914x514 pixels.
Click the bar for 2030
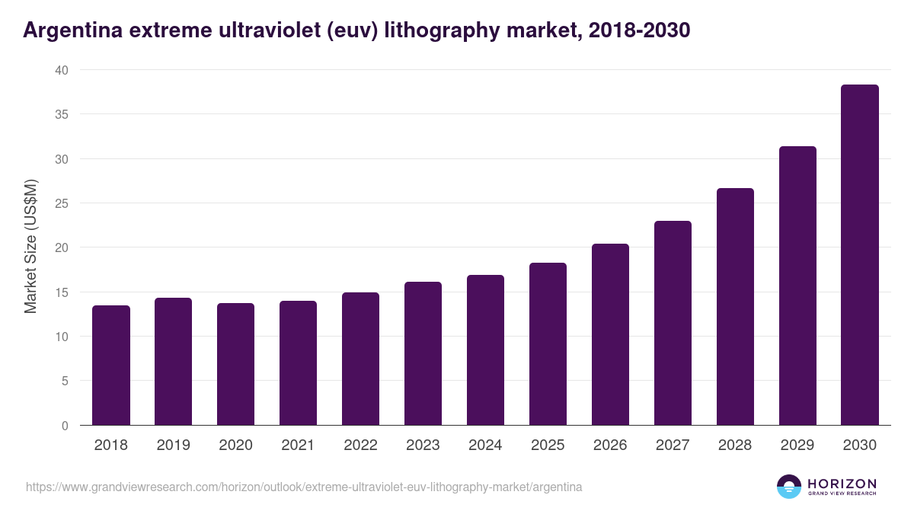(x=859, y=255)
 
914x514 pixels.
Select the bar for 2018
(x=111, y=366)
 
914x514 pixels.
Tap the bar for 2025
(x=548, y=344)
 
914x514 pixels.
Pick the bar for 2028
(x=735, y=307)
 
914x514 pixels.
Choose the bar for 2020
(x=235, y=364)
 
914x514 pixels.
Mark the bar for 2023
(x=423, y=353)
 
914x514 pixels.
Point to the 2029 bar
(x=797, y=286)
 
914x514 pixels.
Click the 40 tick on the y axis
(x=62, y=70)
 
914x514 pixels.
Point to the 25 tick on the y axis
(x=62, y=203)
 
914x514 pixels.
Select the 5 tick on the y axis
(x=65, y=381)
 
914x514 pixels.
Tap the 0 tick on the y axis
(x=65, y=426)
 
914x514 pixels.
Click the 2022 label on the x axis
(x=360, y=445)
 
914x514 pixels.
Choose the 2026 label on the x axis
(x=610, y=445)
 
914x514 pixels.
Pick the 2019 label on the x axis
(x=173, y=445)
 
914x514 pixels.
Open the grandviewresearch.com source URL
(x=304, y=487)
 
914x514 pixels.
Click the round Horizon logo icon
(x=789, y=487)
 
